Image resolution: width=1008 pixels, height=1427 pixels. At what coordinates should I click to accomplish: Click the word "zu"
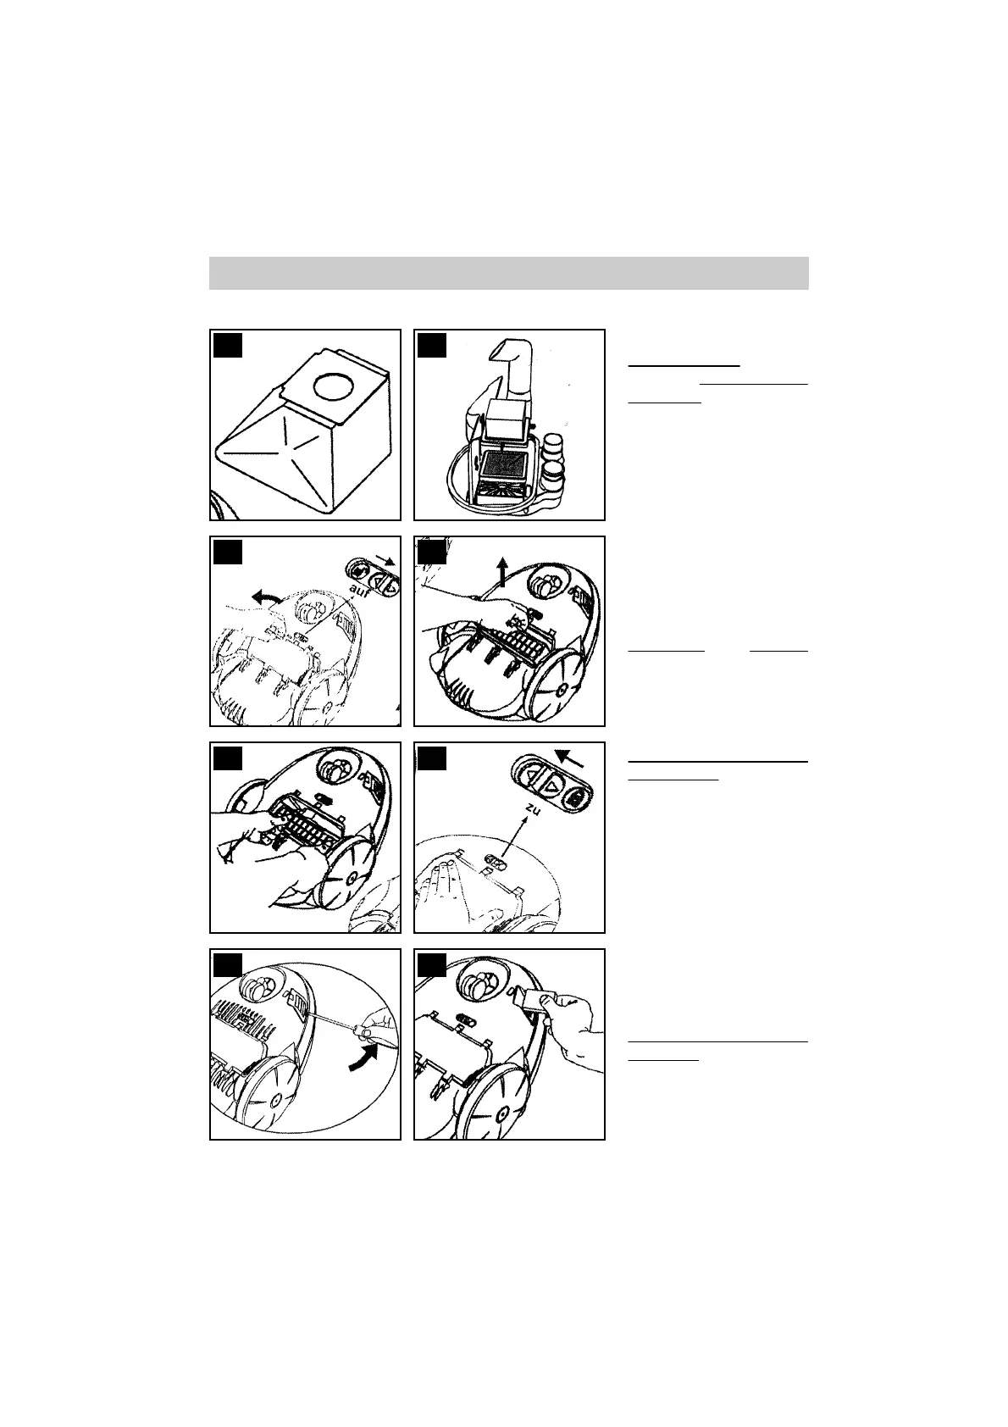pyautogui.click(x=532, y=808)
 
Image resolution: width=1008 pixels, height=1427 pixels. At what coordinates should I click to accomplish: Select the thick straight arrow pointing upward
pyautogui.click(x=502, y=571)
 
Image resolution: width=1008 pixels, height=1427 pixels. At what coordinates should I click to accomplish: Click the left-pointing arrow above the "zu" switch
pyautogui.click(x=568, y=758)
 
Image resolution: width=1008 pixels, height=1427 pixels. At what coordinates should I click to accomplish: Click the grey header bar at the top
pyautogui.click(x=509, y=274)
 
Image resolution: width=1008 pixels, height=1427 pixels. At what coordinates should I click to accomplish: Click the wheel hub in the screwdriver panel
pyautogui.click(x=275, y=1099)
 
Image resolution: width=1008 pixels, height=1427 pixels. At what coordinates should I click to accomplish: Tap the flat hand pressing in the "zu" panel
pyautogui.click(x=440, y=881)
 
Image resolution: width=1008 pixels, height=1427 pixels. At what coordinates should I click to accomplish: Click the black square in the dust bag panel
pyautogui.click(x=228, y=345)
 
